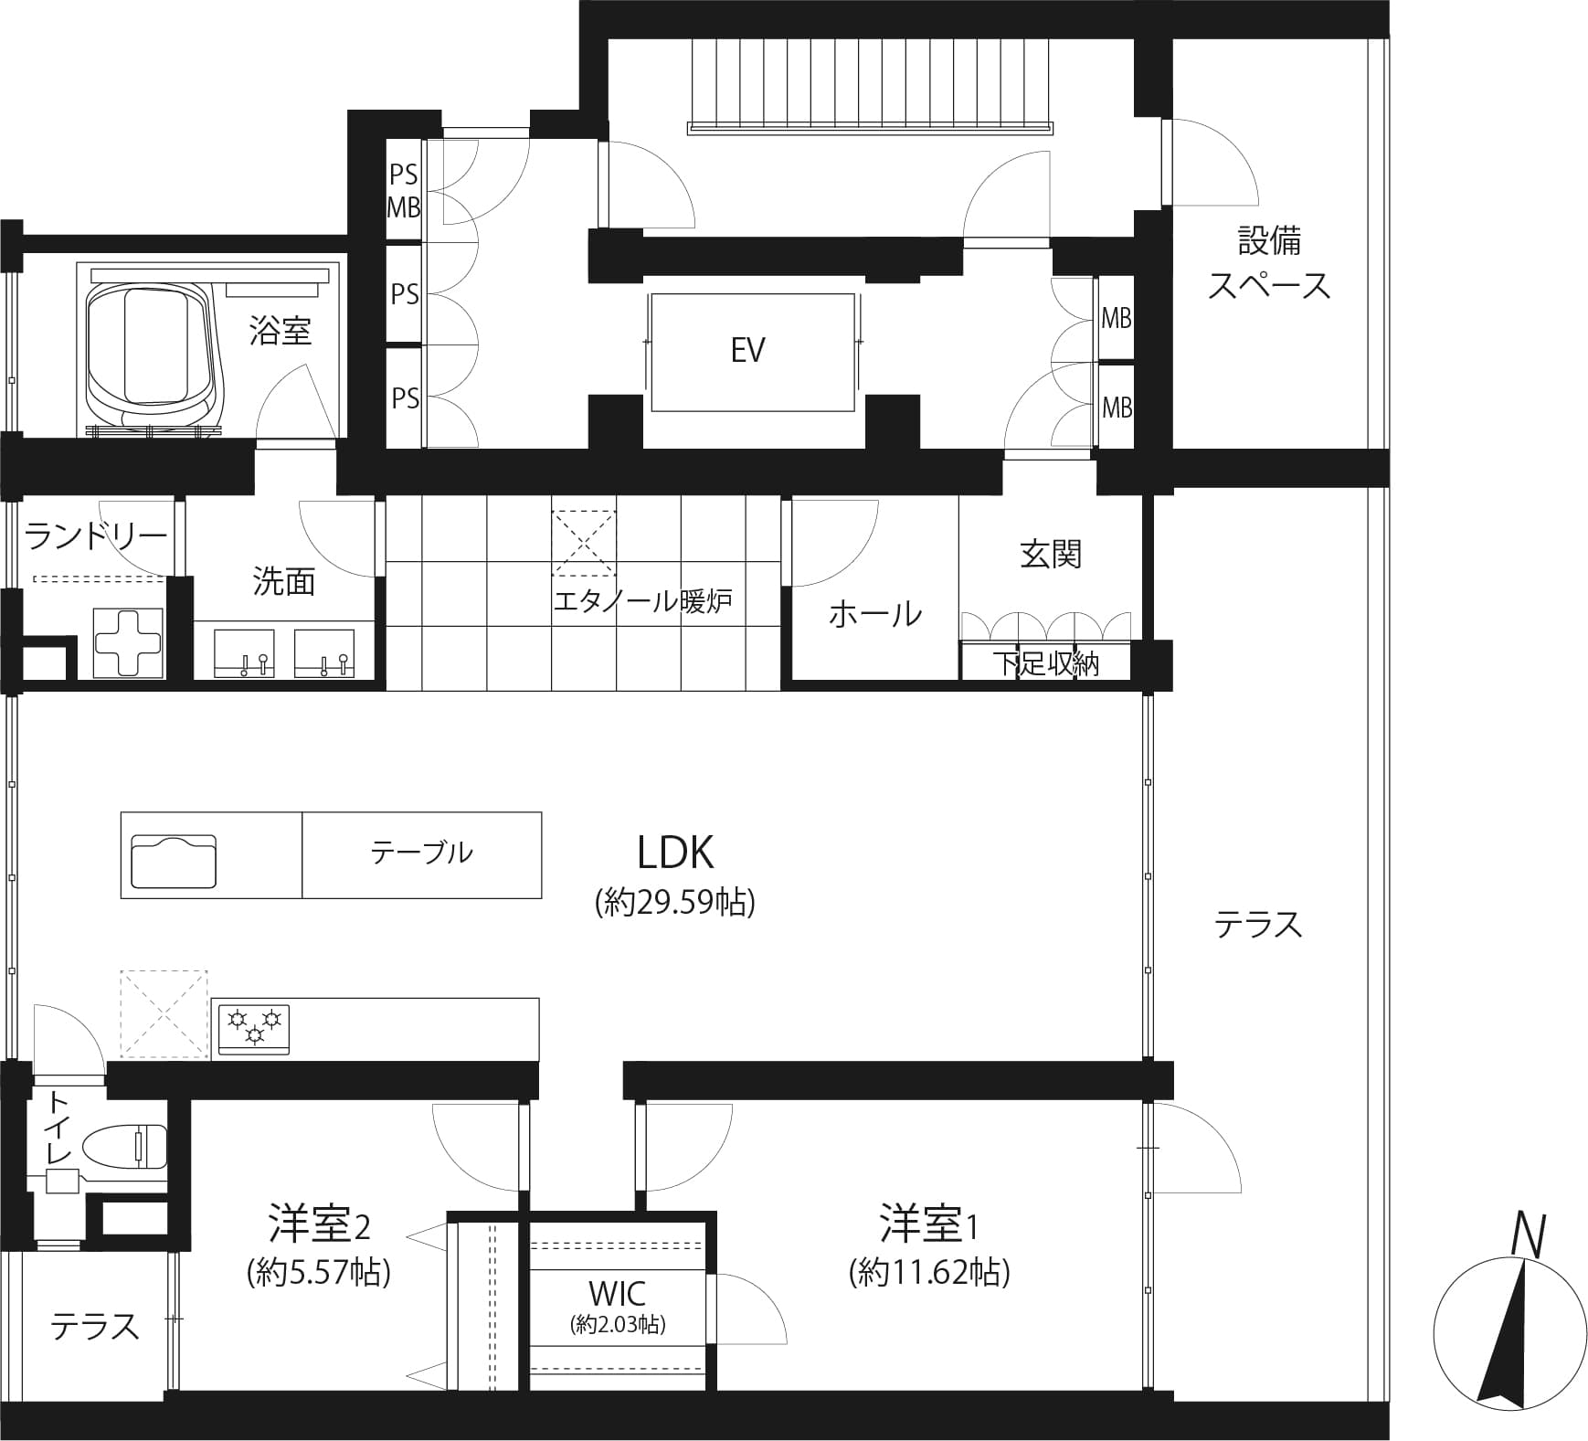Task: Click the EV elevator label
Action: (x=747, y=350)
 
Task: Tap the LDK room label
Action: (x=675, y=852)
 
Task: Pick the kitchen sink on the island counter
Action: (x=174, y=860)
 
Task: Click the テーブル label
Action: (x=421, y=853)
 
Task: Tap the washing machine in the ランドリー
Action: (x=129, y=642)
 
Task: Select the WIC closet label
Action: (x=618, y=1293)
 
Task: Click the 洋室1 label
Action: (x=929, y=1225)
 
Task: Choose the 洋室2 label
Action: (x=319, y=1225)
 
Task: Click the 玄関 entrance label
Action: (x=1051, y=554)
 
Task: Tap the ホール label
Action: (x=875, y=614)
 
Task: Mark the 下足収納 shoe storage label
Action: (x=1047, y=663)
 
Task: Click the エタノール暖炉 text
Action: (x=643, y=601)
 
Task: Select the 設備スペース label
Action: (x=1270, y=264)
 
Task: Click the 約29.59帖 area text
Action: (x=675, y=903)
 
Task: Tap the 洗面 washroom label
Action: (x=284, y=581)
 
